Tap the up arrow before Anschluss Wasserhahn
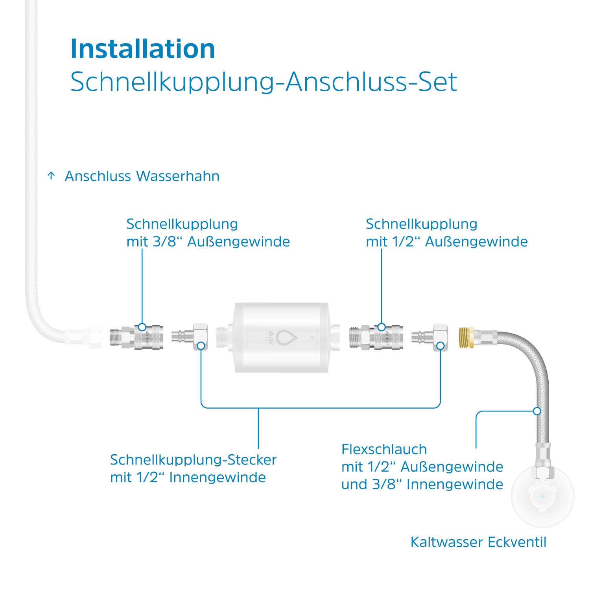click(51, 176)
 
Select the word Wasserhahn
click(178, 176)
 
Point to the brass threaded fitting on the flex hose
click(466, 337)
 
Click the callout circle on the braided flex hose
click(537, 411)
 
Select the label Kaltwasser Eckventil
click(478, 542)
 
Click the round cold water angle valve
click(542, 496)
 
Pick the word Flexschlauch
click(384, 449)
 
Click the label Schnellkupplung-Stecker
click(193, 459)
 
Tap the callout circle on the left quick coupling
click(142, 327)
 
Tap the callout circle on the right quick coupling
click(381, 327)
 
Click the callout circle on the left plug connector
click(201, 346)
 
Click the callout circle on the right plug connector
click(441, 346)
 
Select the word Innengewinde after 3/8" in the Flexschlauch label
click(455, 484)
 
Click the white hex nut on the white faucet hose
click(95, 337)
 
